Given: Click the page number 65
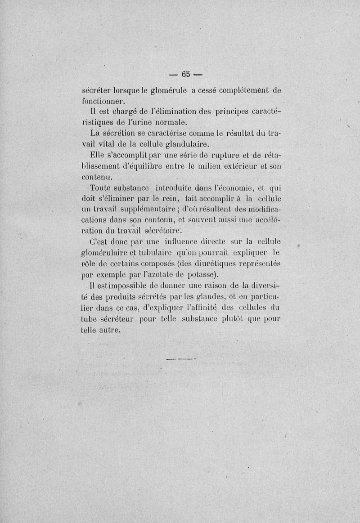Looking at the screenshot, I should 186,74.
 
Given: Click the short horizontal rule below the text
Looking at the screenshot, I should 182,359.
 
